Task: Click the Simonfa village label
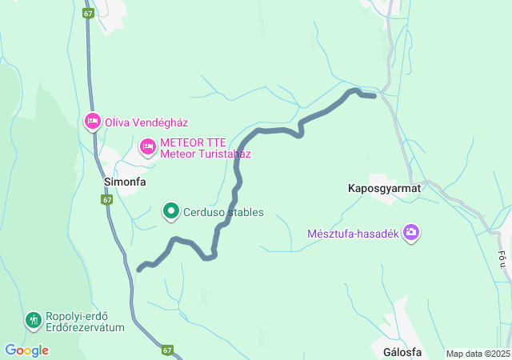point(125,182)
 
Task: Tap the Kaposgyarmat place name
point(384,188)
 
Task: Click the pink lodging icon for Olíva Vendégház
point(92,122)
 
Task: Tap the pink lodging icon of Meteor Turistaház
point(148,146)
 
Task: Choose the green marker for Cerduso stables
point(171,212)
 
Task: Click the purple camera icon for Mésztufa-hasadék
point(411,233)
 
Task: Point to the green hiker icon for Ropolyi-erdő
point(33,321)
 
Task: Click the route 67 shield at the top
point(88,14)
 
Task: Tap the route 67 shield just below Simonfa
point(107,199)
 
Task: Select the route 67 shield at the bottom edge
point(167,350)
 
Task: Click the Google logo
point(26,350)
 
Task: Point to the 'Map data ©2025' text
point(477,354)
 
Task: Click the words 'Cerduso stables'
point(224,213)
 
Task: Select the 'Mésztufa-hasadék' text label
point(353,234)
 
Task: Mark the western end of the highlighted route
point(139,269)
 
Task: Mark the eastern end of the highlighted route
point(374,96)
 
